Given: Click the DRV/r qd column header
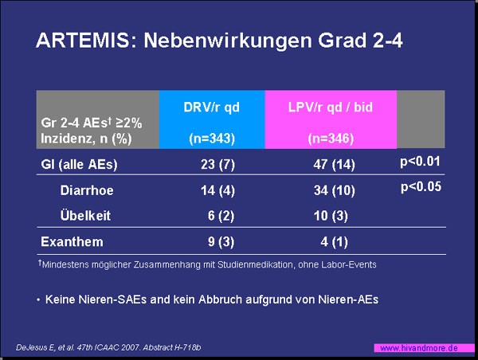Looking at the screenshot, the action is pos(212,108).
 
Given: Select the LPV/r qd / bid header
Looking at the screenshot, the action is pos(331,108).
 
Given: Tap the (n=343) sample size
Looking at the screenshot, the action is pos(212,139).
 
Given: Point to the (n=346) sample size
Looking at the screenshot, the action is pos(331,139).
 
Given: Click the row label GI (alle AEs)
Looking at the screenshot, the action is pos(79,165).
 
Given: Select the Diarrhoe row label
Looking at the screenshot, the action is pos(87,190).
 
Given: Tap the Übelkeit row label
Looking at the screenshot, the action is pos(85,215).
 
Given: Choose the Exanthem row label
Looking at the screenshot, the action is pos(72,242).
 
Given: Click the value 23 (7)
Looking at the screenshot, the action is pos(218,165).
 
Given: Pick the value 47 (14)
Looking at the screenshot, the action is pos(334,165).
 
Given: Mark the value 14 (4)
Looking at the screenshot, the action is pos(217,190).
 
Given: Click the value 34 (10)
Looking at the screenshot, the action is pos(335,190).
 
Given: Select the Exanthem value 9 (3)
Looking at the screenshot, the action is pos(221,242).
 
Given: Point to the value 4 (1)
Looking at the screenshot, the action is pos(334,242).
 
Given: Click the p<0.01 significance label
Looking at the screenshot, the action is pos(420,162).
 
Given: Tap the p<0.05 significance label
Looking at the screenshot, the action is pos(421,187).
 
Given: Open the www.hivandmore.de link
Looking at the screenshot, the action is pos(419,348).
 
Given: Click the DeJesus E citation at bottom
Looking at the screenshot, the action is pos(108,347).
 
